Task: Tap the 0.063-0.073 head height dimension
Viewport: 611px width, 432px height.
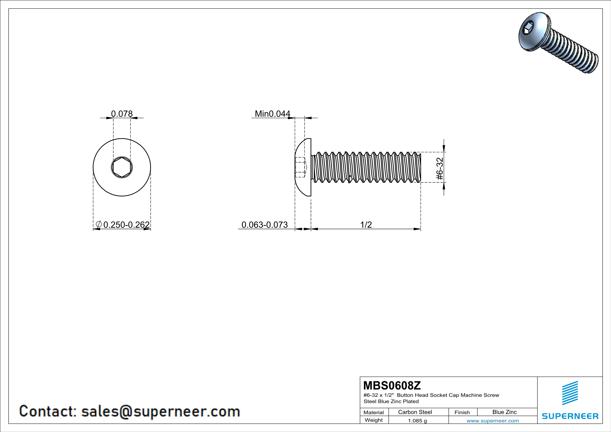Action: pos(264,225)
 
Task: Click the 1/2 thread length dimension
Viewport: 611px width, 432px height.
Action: pos(366,225)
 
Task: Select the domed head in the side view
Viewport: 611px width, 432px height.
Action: pos(303,167)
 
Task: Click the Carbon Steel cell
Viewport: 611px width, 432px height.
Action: pos(415,412)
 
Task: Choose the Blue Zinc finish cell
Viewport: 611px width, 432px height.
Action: pos(504,412)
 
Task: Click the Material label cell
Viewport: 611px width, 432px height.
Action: pos(374,412)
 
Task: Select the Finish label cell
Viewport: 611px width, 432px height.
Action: pos(462,412)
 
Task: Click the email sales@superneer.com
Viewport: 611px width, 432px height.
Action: pos(160,411)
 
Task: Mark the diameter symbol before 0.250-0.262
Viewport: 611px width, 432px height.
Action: pos(98,224)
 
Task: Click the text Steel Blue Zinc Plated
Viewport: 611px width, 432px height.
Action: pos(391,401)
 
